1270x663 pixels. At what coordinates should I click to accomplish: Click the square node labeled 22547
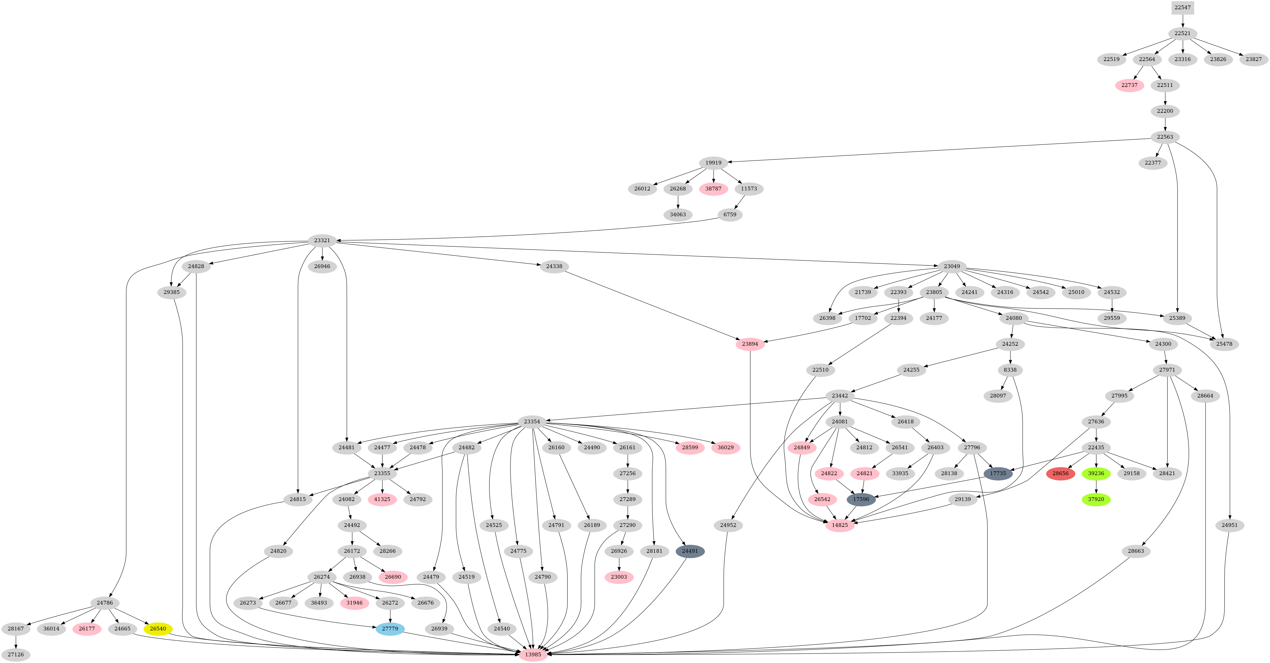1182,7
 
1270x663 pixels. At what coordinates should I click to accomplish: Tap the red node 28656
1060,473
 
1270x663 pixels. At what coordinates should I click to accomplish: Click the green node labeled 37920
1096,499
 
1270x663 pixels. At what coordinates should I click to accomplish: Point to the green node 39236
1096,473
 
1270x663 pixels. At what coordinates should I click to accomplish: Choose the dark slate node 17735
998,473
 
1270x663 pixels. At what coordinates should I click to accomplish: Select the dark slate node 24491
690,551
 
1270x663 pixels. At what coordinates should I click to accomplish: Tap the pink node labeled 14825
840,525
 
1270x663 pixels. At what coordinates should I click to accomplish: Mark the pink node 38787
713,188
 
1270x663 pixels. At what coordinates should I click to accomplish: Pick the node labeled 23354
532,422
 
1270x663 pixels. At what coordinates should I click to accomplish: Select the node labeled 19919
713,163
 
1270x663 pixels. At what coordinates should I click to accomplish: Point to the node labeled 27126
16,655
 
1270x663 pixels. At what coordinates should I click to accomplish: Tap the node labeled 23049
952,266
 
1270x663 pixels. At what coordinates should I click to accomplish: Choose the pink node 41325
382,499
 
